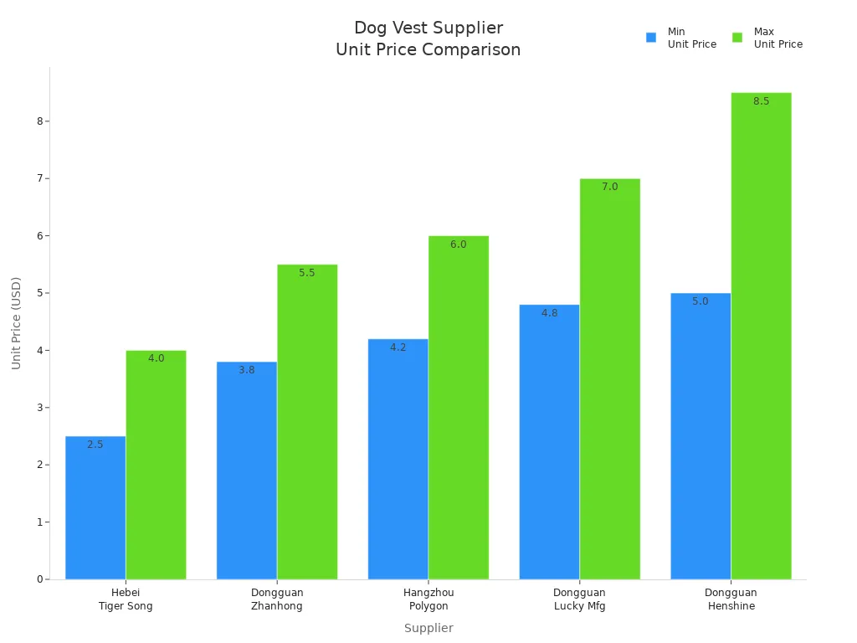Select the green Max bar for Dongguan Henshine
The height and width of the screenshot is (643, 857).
[761, 336]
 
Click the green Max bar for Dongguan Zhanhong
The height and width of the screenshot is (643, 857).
[307, 422]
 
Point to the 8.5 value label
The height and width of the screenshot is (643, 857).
[761, 101]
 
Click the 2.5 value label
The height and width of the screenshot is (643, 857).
[95, 445]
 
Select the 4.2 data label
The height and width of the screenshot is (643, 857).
[398, 347]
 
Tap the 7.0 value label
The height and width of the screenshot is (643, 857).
[609, 187]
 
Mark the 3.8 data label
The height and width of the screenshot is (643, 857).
[246, 370]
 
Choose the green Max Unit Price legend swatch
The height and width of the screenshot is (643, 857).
[737, 38]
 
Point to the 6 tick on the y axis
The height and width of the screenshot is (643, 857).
[39, 236]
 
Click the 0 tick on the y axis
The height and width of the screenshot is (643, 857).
[39, 579]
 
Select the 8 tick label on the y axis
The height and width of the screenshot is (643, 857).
[39, 121]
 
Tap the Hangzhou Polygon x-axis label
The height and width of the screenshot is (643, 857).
[428, 599]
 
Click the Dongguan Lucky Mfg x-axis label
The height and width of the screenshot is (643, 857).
[579, 599]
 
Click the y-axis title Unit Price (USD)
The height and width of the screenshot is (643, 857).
[17, 323]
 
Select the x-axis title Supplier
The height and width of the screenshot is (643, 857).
[428, 628]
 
